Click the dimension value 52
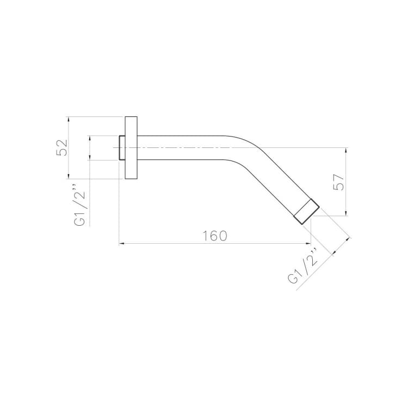point(62,147)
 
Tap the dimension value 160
point(215,236)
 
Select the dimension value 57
point(338,182)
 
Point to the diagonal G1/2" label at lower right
point(303,265)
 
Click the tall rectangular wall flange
point(131,148)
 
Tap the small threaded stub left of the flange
point(122,147)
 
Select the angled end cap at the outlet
point(306,212)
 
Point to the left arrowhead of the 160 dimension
point(121,244)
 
